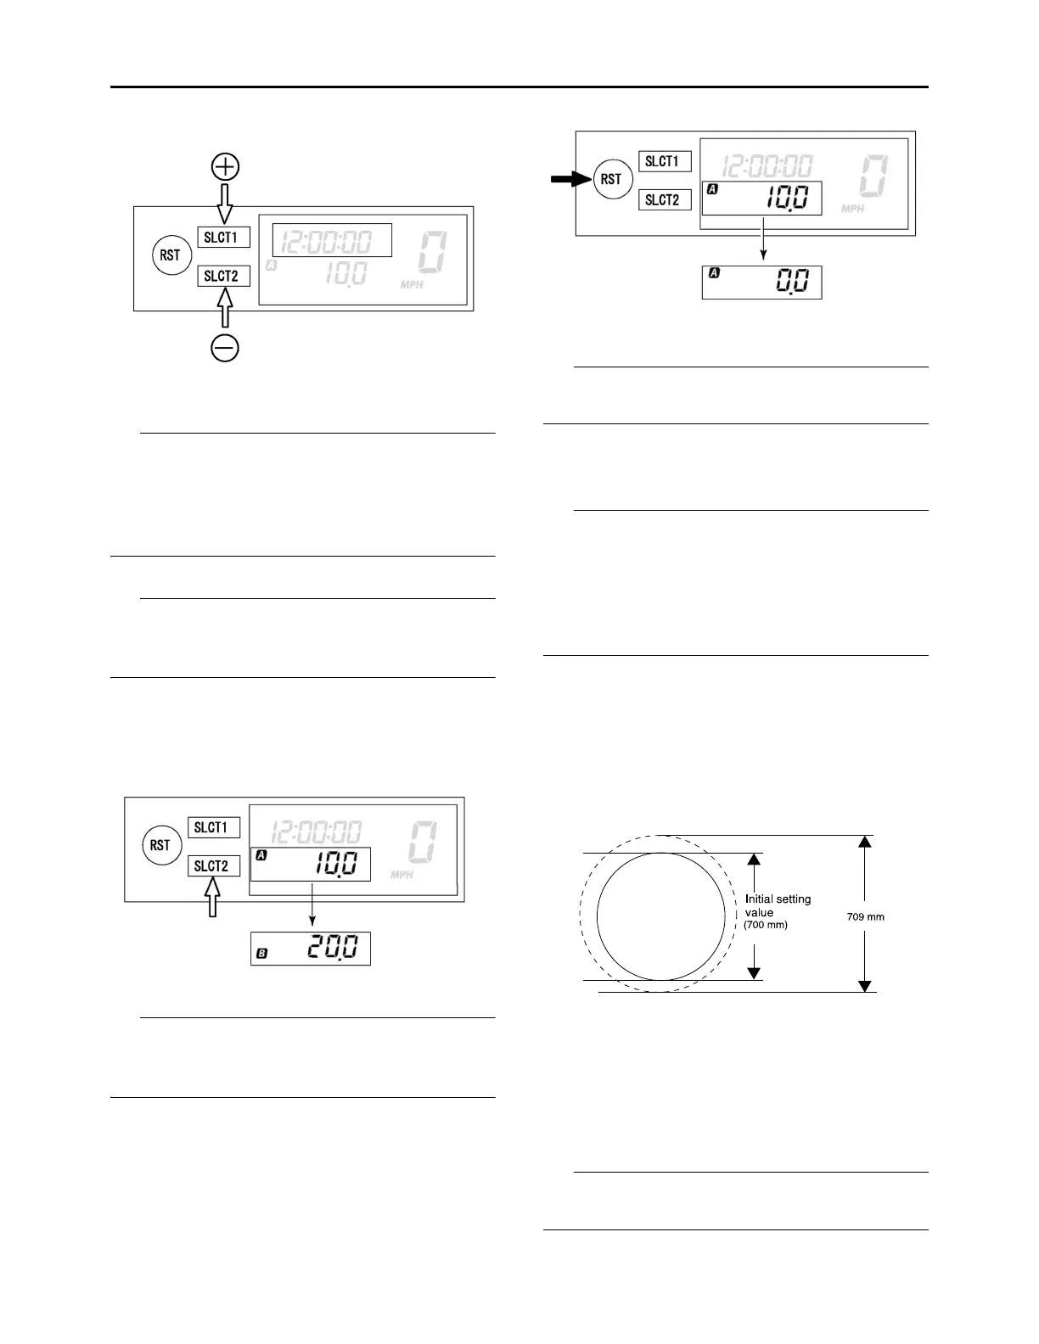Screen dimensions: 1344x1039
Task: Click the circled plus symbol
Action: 225,167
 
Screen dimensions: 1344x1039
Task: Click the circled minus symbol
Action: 225,349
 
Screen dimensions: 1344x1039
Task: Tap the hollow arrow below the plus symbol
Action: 225,204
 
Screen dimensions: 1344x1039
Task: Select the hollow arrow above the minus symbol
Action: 225,307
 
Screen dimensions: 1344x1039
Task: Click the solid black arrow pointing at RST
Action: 569,179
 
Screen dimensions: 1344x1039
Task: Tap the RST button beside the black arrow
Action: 611,179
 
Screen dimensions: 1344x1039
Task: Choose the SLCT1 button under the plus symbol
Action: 223,237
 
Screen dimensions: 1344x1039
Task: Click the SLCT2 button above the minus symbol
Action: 223,276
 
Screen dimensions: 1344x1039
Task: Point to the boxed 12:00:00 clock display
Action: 331,241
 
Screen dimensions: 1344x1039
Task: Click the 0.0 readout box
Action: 761,283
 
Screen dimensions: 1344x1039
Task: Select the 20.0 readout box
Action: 310,949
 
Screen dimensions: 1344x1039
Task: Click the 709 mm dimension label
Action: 866,916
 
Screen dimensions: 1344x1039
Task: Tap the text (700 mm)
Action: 766,925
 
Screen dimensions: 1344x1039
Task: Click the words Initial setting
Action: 778,899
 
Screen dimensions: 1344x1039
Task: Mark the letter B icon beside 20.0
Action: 262,955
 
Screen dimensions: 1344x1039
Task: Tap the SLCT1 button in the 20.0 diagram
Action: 213,827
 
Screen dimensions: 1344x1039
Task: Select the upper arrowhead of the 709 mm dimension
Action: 864,842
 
